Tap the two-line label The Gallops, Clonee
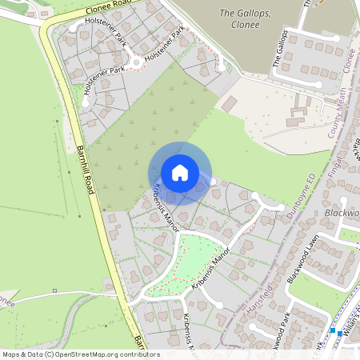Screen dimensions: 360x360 tap(239, 18)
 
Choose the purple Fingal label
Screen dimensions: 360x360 tap(333, 173)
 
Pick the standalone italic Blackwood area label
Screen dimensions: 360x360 tap(343, 213)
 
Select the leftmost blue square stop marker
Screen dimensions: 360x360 tap(331, 330)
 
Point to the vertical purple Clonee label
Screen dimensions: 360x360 tap(349, 61)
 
